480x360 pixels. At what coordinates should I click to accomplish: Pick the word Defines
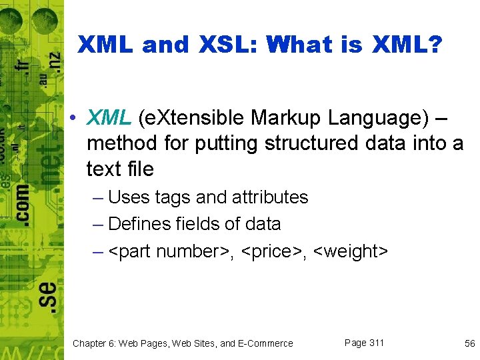141,224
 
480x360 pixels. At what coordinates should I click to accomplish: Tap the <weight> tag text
351,251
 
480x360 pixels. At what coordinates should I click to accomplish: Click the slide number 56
469,343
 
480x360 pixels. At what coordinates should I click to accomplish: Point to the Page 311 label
364,343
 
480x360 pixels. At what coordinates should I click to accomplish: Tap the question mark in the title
434,45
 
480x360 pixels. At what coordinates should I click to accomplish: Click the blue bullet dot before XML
78,119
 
